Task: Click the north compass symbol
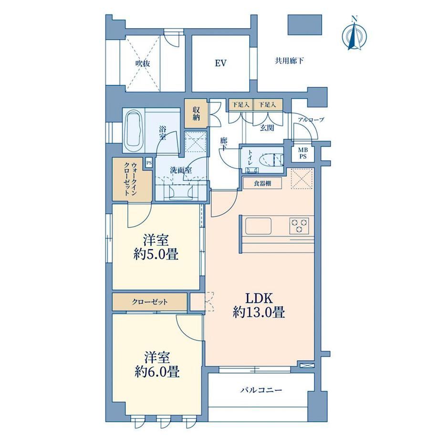[x=355, y=34]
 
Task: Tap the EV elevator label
[x=220, y=63]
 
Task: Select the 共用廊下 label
[x=289, y=61]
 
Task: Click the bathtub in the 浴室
[x=133, y=131]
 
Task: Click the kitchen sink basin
[x=259, y=226]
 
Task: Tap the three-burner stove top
[x=299, y=226]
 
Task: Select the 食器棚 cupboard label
[x=262, y=184]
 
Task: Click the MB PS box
[x=303, y=154]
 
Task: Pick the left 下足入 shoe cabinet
[x=241, y=105]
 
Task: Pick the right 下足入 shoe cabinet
[x=268, y=105]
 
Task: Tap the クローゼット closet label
[x=150, y=302]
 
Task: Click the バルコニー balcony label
[x=261, y=390]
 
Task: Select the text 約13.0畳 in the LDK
[x=259, y=312]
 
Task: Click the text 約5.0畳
[x=156, y=254]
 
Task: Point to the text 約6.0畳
[x=157, y=372]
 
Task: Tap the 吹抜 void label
[x=143, y=63]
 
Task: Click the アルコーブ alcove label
[x=311, y=120]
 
